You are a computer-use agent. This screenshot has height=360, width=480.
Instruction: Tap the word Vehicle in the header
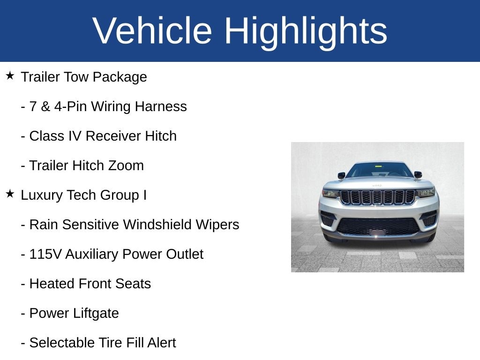point(152,30)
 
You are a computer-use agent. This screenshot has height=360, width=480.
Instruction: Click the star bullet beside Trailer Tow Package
point(10,75)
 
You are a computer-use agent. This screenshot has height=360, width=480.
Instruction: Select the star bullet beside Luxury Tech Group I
point(10,194)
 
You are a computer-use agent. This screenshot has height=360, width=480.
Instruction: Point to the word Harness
point(161,106)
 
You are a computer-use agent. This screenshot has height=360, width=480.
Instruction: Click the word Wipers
point(217,225)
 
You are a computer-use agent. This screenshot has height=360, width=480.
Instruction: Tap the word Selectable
point(64,343)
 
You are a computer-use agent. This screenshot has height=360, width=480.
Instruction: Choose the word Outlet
point(185,254)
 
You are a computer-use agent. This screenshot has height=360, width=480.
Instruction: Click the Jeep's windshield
point(379,170)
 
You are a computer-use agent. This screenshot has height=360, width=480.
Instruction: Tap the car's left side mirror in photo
point(341,175)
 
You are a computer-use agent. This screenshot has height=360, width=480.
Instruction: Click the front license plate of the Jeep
point(378,232)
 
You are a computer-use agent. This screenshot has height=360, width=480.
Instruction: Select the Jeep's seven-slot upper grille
point(378,197)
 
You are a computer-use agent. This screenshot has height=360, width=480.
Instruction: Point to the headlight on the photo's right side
point(426,193)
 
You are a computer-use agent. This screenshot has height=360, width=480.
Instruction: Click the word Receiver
point(113,136)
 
